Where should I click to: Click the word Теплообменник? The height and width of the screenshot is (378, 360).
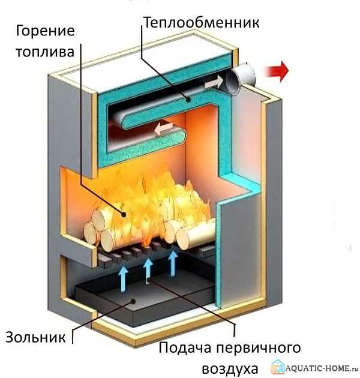tap(201, 23)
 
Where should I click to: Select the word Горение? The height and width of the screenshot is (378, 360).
tap(45, 30)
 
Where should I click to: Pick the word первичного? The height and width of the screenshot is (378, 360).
tap(263, 349)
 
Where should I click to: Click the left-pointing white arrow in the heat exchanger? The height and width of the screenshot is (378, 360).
tap(161, 127)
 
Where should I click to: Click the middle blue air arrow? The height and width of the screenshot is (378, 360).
tap(148, 268)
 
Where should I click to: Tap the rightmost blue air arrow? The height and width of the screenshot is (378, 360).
tap(173, 261)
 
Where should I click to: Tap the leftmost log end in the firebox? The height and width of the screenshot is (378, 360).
tap(91, 233)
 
